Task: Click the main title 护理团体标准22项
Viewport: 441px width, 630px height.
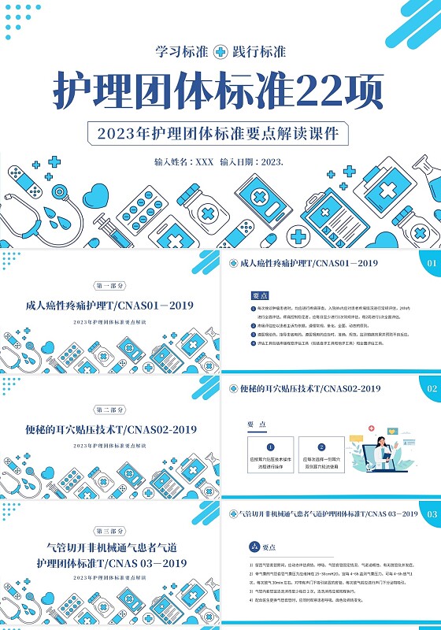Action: point(220,91)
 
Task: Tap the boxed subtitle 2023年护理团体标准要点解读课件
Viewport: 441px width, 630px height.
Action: point(220,132)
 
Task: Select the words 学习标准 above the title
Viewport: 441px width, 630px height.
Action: point(183,52)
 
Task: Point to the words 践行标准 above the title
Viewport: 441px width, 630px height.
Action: point(259,52)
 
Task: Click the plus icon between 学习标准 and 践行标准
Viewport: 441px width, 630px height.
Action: point(220,52)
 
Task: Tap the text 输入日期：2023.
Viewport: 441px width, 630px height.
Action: point(252,161)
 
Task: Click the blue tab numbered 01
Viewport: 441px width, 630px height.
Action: point(431,264)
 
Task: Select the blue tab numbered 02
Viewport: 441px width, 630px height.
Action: point(431,389)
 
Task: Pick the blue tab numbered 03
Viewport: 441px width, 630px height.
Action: point(431,514)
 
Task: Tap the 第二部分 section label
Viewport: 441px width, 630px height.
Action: point(109,410)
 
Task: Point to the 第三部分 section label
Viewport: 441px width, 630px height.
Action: point(109,530)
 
